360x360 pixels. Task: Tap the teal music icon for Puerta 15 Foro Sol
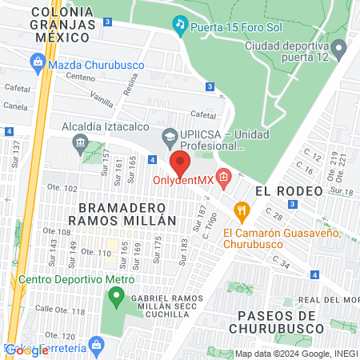(181, 26)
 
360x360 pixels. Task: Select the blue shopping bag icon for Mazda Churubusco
(37, 61)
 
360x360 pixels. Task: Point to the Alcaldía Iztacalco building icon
(79, 144)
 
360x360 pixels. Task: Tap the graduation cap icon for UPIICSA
(170, 137)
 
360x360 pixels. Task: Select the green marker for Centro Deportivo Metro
(117, 301)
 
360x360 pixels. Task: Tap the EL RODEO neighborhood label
(289, 191)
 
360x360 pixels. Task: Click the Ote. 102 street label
(67, 188)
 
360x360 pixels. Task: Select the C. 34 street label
(281, 261)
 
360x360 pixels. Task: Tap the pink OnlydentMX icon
(223, 178)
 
